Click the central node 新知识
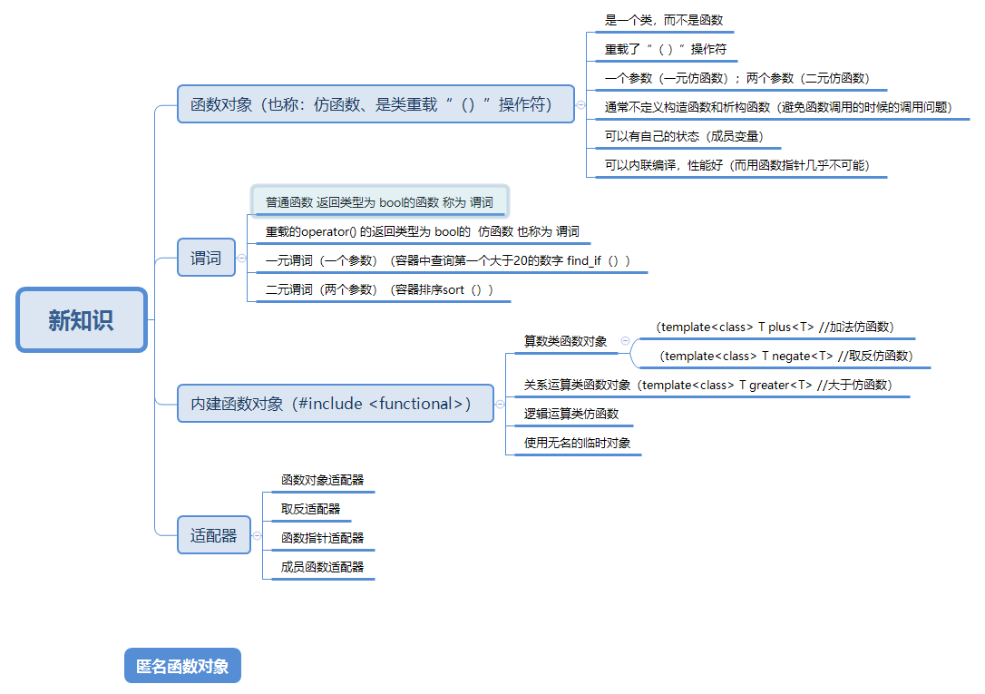[82, 320]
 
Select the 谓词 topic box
[206, 258]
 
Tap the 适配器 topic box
[213, 535]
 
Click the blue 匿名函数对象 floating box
[182, 666]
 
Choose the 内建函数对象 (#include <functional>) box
[336, 404]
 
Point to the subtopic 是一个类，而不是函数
[664, 20]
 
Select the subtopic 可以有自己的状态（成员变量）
[684, 137]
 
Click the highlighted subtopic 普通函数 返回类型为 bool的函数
[379, 201]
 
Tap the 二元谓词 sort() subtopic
[379, 289]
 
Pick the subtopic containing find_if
[447, 260]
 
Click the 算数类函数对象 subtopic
[565, 341]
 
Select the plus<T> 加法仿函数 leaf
[776, 327]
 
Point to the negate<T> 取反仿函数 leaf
[785, 356]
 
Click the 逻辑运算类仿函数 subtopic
[571, 414]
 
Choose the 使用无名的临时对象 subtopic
[577, 443]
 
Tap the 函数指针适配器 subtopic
[322, 538]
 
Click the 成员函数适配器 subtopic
[322, 567]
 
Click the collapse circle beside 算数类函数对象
[625, 341]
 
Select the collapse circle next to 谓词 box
[241, 259]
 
